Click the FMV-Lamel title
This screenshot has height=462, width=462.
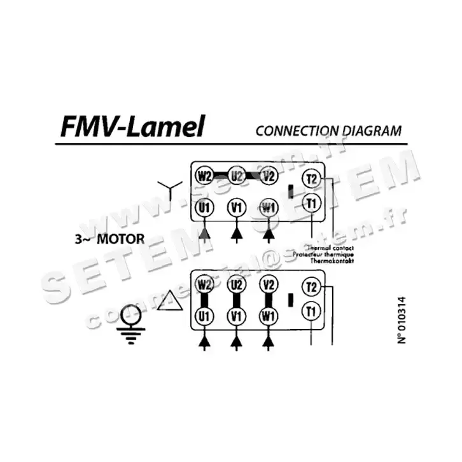click(132, 126)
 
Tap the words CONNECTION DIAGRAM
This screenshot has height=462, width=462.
click(328, 131)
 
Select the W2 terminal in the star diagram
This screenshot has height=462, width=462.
click(204, 176)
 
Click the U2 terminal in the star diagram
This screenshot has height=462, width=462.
click(237, 176)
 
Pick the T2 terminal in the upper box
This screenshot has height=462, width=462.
click(312, 178)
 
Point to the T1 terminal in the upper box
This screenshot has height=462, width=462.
click(312, 204)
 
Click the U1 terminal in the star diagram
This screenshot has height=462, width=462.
click(204, 207)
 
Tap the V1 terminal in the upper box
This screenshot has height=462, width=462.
click(237, 207)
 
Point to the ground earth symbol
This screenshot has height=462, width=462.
click(132, 321)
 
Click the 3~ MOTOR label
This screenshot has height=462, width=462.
click(109, 240)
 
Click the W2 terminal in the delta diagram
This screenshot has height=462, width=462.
click(204, 284)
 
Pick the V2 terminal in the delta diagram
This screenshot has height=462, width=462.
click(269, 284)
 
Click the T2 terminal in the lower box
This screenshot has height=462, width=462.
click(312, 287)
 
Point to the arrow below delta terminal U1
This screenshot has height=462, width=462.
click(204, 344)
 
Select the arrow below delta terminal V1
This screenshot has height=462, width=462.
click(237, 344)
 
